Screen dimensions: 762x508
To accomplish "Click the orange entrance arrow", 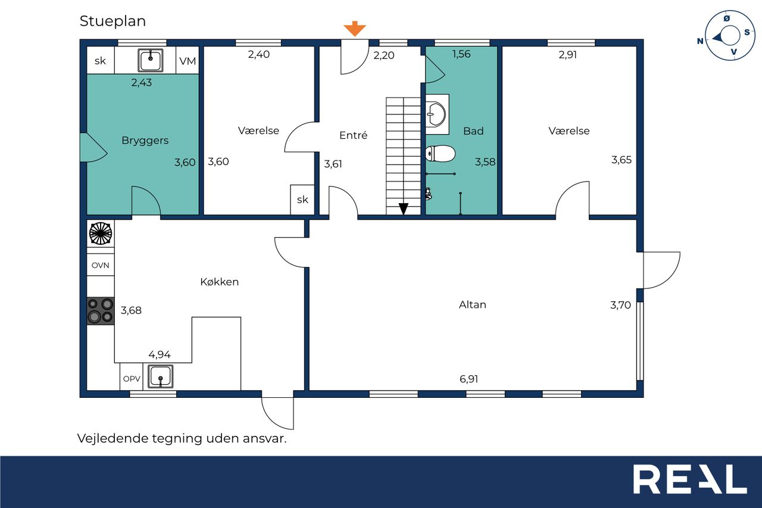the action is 354,29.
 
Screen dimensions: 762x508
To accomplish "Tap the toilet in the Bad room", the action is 440,154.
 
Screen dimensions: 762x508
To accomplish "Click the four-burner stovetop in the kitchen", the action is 101,311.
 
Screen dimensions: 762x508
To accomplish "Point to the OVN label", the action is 101,265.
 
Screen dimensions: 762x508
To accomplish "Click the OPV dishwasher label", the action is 132,379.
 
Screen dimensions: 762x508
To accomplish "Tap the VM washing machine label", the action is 188,61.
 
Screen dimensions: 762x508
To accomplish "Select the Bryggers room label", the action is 145,141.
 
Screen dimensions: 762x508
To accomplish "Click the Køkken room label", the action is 220,282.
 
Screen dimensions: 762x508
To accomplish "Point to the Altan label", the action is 473,304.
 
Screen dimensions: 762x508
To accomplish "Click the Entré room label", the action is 354,135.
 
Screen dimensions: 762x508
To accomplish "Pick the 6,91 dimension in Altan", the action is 469,379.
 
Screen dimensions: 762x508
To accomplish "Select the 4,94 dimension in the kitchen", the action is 160,355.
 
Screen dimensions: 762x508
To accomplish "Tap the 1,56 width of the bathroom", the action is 461,54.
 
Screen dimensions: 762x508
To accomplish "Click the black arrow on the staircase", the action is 404,208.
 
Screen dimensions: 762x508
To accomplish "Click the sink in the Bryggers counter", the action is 151,60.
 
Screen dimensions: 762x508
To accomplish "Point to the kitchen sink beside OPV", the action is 160,376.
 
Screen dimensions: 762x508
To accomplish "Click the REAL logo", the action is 690,479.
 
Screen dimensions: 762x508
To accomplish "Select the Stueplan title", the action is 113,21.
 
